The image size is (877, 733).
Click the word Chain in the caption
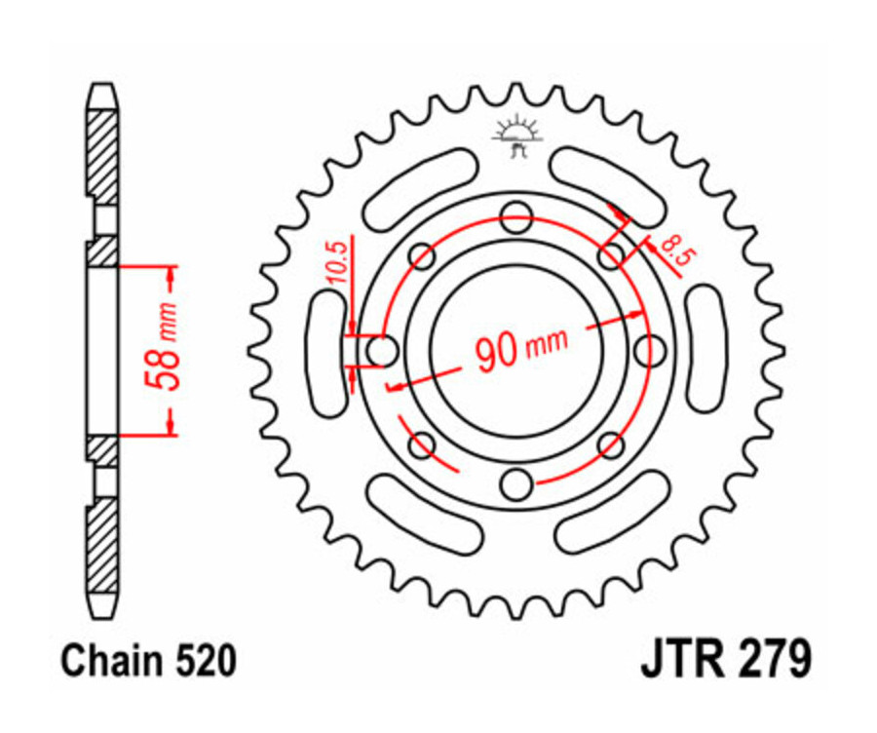click(x=104, y=663)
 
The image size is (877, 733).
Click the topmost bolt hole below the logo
click(x=516, y=216)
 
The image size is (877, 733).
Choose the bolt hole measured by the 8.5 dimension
click(x=611, y=256)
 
